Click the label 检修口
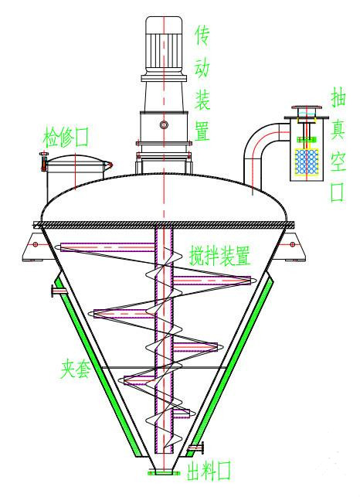(x=66, y=138)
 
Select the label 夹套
(x=76, y=369)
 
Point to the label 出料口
(x=209, y=471)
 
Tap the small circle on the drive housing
(x=164, y=124)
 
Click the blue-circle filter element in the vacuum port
(x=307, y=162)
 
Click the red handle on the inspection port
(x=43, y=162)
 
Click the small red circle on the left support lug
(x=36, y=244)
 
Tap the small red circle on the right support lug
(x=293, y=244)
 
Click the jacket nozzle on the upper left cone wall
(x=58, y=291)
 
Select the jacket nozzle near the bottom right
(x=196, y=448)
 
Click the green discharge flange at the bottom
(x=164, y=473)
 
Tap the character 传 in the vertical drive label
(x=202, y=36)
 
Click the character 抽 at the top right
(x=338, y=96)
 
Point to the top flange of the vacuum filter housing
(x=307, y=107)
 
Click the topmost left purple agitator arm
(x=107, y=247)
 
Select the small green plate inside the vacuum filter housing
(x=307, y=139)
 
